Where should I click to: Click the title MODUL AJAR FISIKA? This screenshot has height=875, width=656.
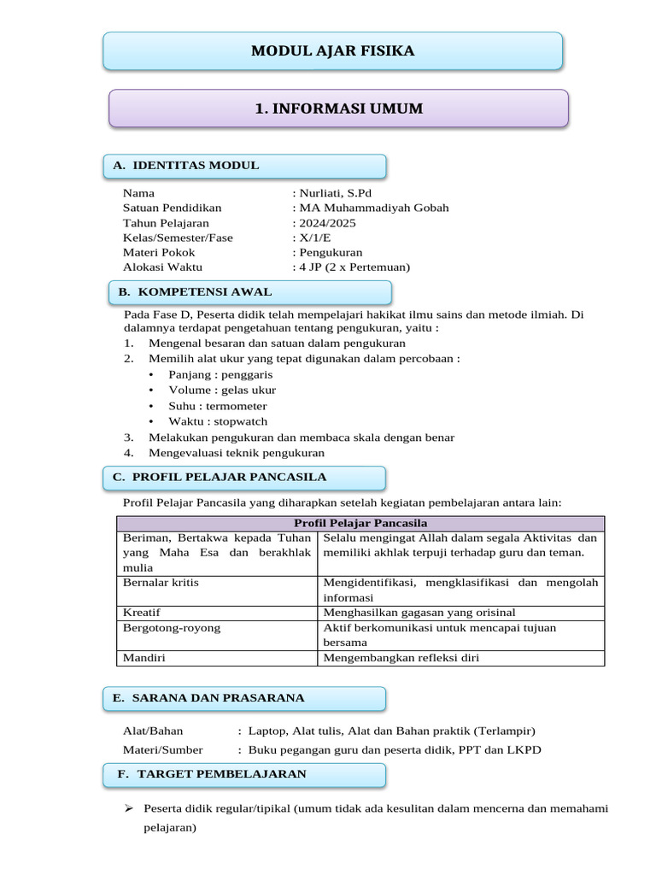pos(332,51)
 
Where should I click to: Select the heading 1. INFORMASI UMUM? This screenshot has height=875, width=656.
pos(338,109)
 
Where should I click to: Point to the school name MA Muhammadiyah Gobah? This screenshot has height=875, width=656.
pos(372,208)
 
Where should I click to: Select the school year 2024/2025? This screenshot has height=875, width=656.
pos(325,223)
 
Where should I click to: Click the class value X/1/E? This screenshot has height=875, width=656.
pos(313,238)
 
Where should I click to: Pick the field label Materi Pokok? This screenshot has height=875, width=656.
pos(159,252)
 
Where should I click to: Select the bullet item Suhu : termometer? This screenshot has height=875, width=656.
pos(217,406)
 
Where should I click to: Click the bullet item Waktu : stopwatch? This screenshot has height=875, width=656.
pos(217,421)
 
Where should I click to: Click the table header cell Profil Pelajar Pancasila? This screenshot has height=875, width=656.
pos(360,523)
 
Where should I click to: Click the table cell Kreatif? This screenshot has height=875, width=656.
pos(142,613)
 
